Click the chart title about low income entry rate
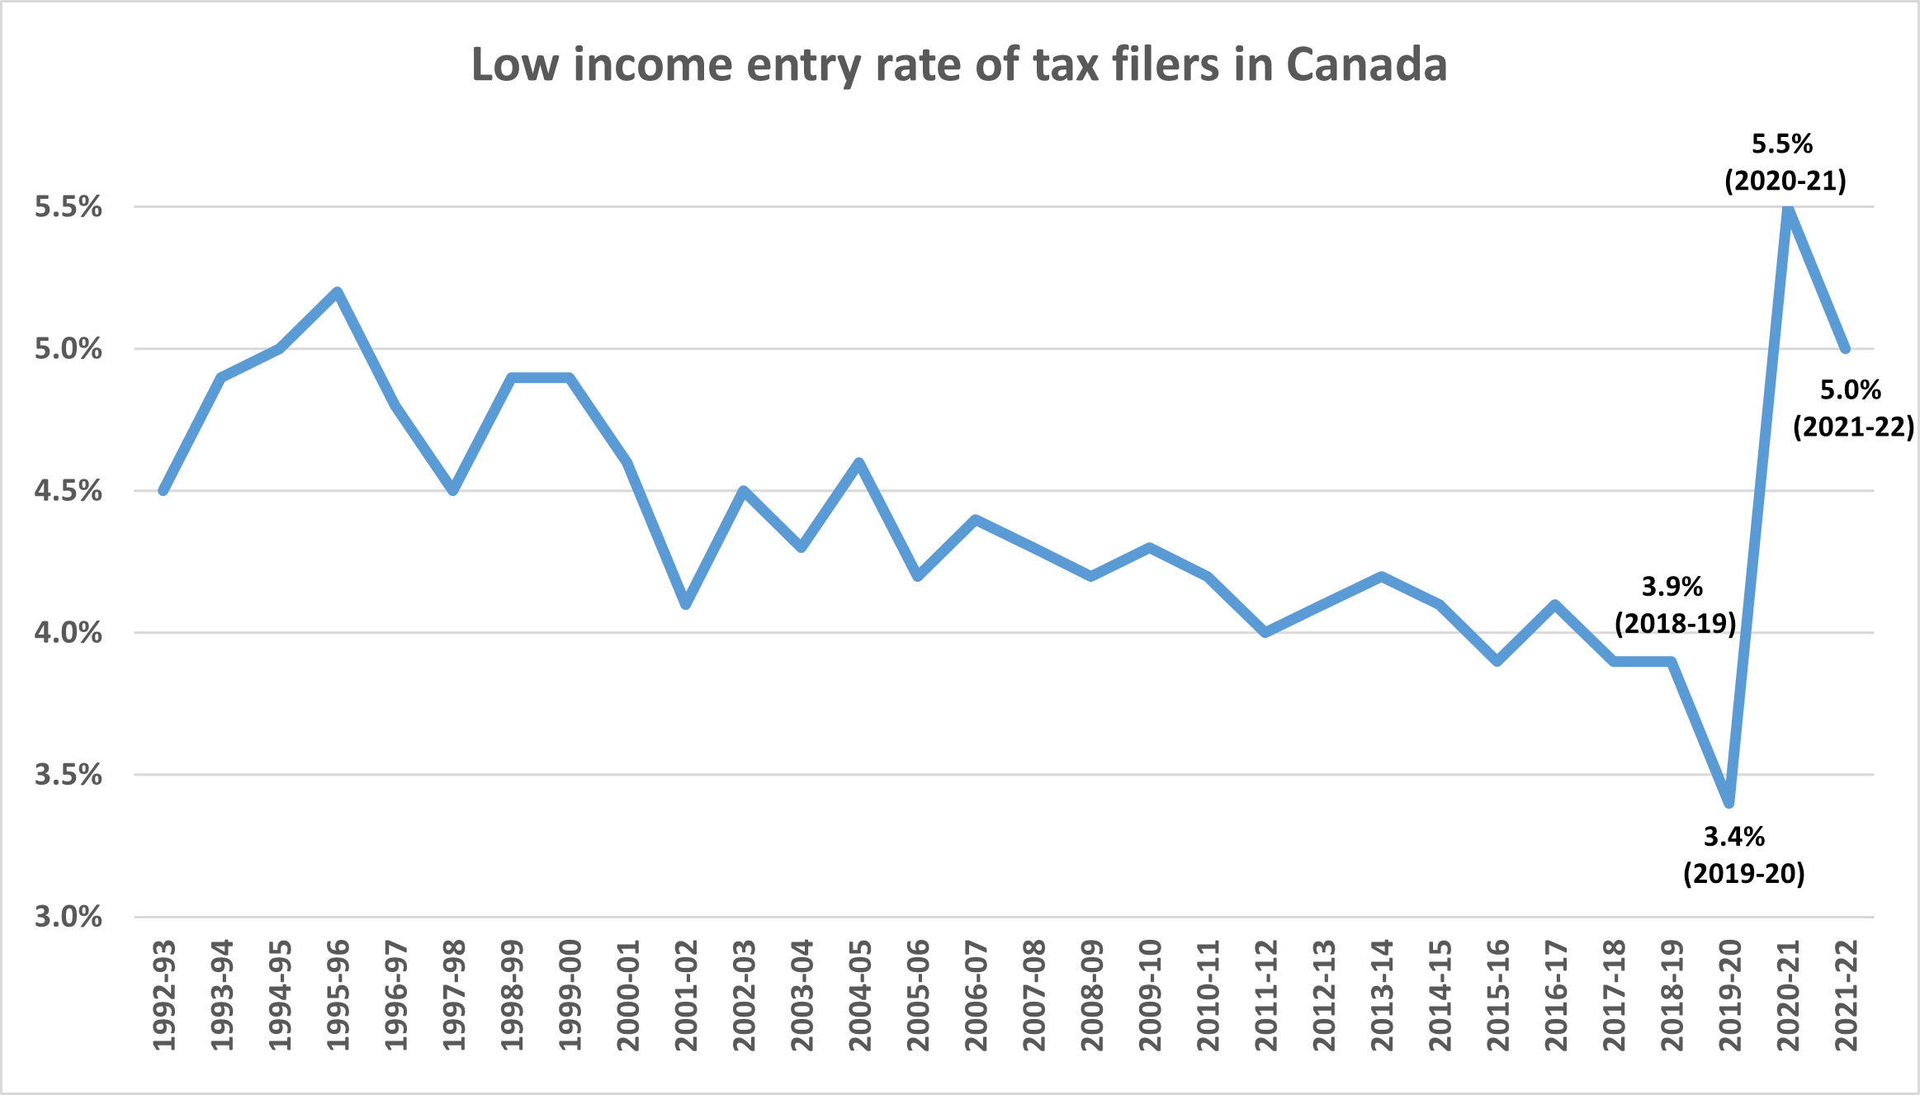tap(958, 65)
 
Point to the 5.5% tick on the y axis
tap(69, 207)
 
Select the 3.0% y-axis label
tap(69, 917)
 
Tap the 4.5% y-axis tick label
tap(69, 491)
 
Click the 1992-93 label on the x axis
tap(165, 995)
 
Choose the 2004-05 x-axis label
tap(860, 995)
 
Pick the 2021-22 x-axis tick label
tap(1846, 995)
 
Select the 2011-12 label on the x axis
tap(1266, 995)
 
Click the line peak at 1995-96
tap(337, 292)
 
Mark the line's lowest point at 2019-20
tap(1728, 803)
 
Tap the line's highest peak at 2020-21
tap(1787, 208)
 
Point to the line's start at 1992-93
tap(163, 491)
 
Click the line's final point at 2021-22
tap(1846, 349)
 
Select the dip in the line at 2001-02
tap(685, 605)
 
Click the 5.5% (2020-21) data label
tap(1785, 163)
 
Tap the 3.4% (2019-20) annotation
tap(1743, 856)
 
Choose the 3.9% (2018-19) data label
tap(1675, 605)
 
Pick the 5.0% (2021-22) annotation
tap(1853, 408)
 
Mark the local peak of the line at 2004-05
tap(859, 463)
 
